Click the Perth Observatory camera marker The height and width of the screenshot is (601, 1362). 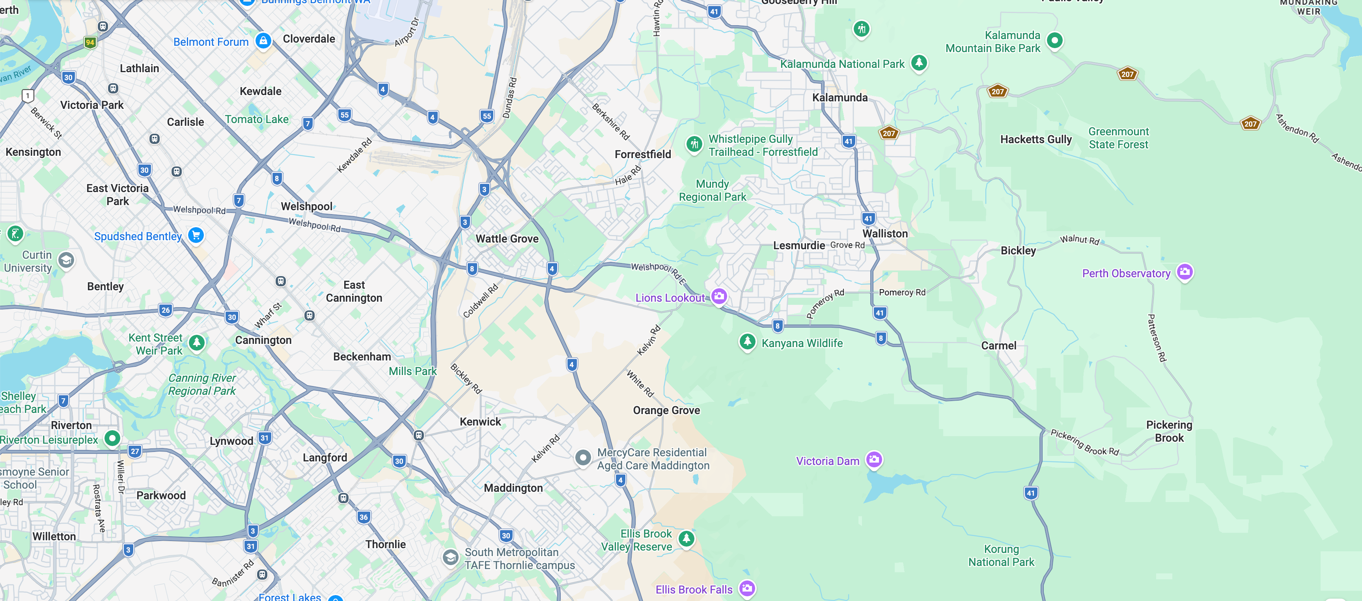[1185, 272]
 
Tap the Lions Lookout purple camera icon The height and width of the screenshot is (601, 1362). [718, 296]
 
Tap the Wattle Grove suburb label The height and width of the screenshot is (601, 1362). [507, 239]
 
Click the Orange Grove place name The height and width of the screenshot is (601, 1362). [666, 410]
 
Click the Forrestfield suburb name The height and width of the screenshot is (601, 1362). [642, 154]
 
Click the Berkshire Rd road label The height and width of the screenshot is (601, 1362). [611, 121]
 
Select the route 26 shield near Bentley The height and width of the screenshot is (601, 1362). [166, 310]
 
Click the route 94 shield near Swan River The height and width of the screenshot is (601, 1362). [90, 42]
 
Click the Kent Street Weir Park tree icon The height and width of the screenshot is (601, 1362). [197, 343]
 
